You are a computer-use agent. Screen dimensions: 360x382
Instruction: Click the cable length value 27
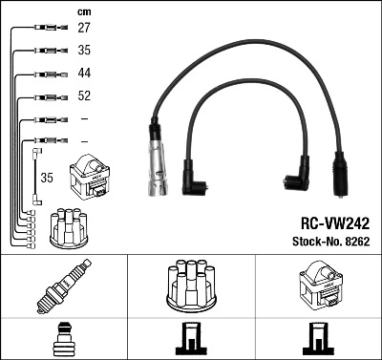pyautogui.click(x=84, y=29)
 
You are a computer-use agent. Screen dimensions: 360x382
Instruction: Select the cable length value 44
pyautogui.click(x=84, y=73)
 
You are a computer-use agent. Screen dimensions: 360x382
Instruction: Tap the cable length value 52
pyautogui.click(x=84, y=95)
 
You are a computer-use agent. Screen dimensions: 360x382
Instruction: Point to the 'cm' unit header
pyautogui.click(x=83, y=11)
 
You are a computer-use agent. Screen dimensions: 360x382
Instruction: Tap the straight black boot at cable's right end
pyautogui.click(x=340, y=178)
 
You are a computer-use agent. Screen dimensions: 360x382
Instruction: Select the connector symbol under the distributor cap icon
pyautogui.click(x=190, y=338)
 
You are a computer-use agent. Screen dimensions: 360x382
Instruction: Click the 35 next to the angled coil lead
pyautogui.click(x=47, y=177)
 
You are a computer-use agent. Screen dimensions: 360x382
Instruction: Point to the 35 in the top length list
pyautogui.click(x=84, y=51)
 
